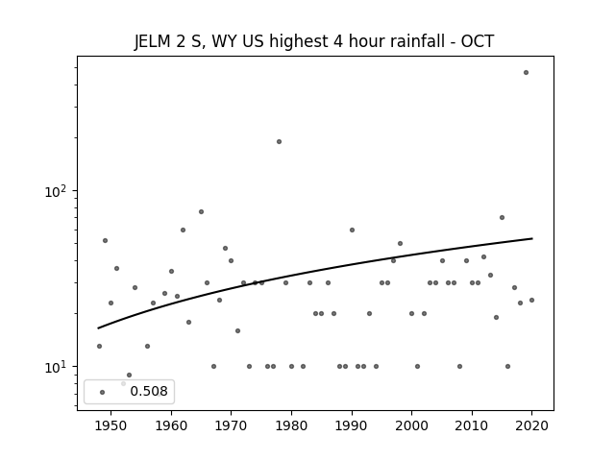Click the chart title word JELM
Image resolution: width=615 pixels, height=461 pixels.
(x=152, y=41)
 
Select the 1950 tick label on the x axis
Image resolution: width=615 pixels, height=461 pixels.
(x=111, y=425)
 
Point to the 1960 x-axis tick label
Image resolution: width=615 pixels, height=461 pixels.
(x=171, y=425)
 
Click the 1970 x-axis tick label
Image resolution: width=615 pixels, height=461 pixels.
(x=231, y=425)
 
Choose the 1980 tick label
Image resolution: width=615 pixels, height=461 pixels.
(x=291, y=425)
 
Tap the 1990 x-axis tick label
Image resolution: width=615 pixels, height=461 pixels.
(x=352, y=425)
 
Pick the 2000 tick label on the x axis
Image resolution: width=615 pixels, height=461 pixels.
(x=412, y=425)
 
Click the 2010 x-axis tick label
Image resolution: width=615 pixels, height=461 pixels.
(x=472, y=425)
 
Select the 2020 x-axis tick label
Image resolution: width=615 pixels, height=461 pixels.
(x=531, y=425)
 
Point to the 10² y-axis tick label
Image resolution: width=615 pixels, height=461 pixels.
(x=57, y=191)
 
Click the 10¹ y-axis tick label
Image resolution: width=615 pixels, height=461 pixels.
(x=57, y=367)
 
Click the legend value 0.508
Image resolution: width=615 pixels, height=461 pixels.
(x=149, y=391)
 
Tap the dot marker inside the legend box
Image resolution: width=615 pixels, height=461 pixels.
(x=103, y=393)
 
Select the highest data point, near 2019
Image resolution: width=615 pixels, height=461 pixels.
(x=526, y=73)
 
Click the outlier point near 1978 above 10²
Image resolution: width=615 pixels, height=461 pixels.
(x=279, y=141)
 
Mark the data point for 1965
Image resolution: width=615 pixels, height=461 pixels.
(x=201, y=211)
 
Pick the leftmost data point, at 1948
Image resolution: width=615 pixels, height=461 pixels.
(x=99, y=346)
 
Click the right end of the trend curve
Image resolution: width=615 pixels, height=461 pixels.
(x=532, y=238)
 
